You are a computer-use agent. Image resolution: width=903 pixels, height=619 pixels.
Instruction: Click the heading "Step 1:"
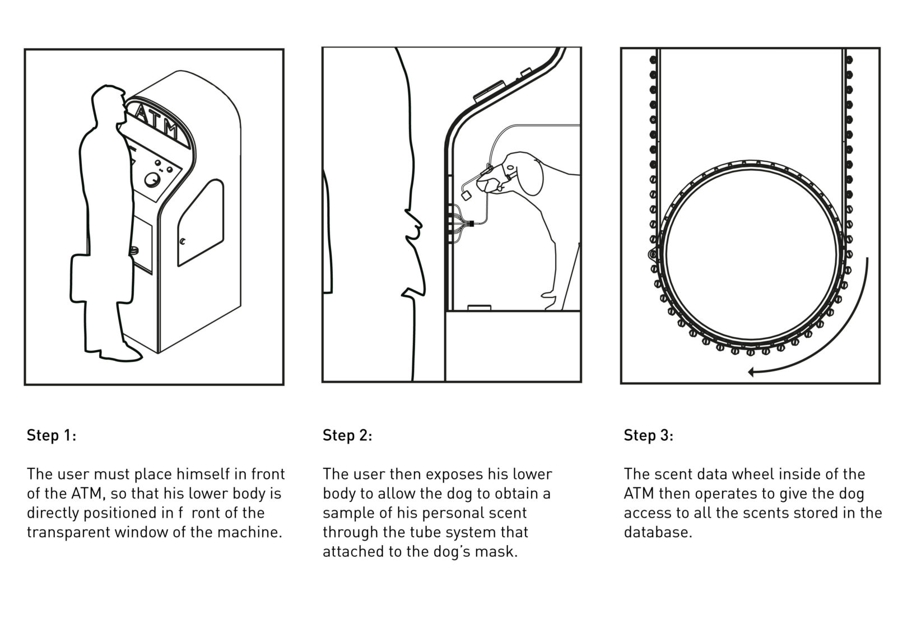[51, 436]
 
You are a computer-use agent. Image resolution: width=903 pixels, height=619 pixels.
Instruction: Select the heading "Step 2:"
[347, 436]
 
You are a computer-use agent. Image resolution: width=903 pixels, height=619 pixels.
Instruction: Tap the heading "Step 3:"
[648, 436]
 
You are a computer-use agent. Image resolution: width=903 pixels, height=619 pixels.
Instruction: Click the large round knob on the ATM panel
[151, 180]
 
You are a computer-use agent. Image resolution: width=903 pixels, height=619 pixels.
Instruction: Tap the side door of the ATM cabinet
[201, 224]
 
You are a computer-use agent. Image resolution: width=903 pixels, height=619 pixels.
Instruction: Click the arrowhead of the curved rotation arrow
[753, 371]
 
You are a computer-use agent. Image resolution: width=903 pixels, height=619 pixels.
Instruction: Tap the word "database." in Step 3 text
[658, 532]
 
